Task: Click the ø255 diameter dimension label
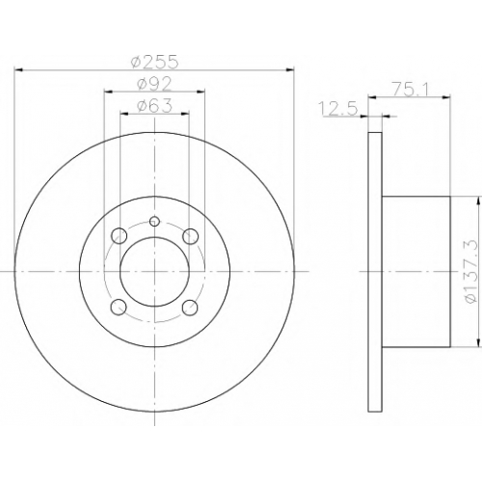(155, 62)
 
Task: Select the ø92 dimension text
(154, 85)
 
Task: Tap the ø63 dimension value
(154, 106)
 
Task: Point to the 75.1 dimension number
(410, 90)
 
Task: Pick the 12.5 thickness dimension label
(337, 108)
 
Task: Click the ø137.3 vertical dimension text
(469, 271)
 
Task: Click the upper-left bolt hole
(119, 236)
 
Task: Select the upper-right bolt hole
(191, 236)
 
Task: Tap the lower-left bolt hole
(119, 308)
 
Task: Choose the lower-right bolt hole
(190, 308)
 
